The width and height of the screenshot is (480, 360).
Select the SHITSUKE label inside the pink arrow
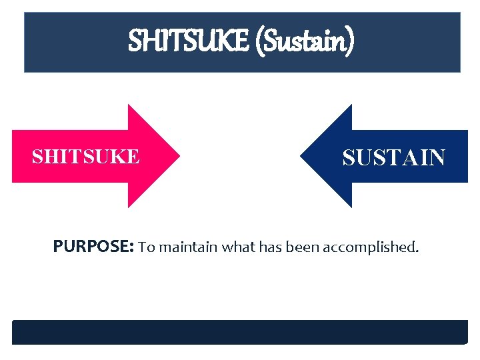[x=86, y=157]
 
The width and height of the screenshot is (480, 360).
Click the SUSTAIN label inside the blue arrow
[x=393, y=157]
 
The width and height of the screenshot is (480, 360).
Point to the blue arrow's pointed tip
[x=301, y=156]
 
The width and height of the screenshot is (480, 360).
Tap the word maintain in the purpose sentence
[x=189, y=248]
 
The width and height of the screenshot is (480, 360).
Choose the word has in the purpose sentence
[x=270, y=248]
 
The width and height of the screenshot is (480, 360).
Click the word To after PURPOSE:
[x=146, y=248]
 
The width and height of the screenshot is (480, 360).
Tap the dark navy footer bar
[x=240, y=332]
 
